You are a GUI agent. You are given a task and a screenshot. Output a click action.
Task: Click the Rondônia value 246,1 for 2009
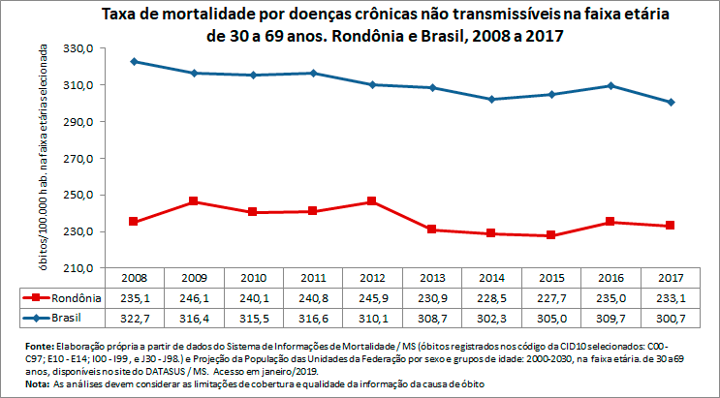pyautogui.click(x=194, y=297)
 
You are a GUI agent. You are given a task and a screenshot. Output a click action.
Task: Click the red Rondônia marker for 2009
pyautogui.click(x=194, y=201)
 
